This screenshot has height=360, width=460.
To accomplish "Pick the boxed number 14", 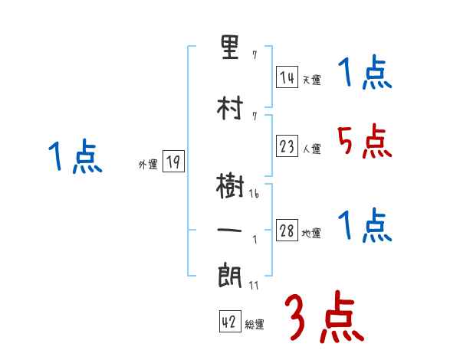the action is point(287,77).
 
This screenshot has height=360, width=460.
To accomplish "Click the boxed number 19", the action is point(173,162).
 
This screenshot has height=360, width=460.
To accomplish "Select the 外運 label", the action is point(148,164).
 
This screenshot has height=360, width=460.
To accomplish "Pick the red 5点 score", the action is point(363,141).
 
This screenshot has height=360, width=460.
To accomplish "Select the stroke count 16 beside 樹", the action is point(253,195).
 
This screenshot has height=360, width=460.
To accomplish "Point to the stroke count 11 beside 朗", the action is point(253,286).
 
